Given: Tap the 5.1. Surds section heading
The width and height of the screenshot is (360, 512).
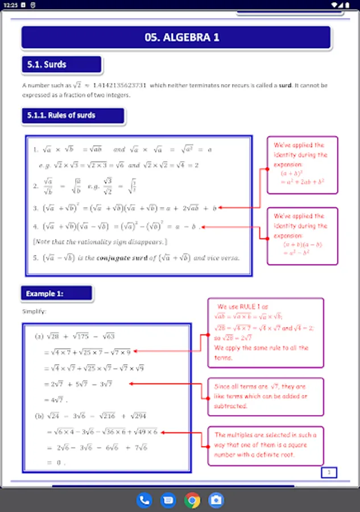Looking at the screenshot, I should click(61, 65).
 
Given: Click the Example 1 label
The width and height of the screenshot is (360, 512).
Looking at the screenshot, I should click(56, 294).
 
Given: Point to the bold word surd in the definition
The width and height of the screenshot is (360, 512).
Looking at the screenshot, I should click(285, 85).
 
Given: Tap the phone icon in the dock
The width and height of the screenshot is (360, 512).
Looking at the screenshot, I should click(144, 500).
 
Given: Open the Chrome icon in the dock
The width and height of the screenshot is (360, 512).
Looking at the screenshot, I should click(192, 500).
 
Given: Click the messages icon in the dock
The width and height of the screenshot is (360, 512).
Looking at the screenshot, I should click(168, 500).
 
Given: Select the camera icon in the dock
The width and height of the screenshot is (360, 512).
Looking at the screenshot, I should click(216, 500).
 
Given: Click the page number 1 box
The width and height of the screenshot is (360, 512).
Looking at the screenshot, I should click(329, 472).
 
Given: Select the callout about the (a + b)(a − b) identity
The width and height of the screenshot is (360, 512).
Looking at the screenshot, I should click(302, 235).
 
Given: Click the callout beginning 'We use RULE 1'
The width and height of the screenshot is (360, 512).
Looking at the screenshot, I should click(265, 333).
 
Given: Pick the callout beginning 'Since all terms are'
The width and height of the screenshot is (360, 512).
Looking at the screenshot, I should click(265, 392).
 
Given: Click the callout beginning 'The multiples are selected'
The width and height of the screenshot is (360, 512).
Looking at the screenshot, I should click(265, 445).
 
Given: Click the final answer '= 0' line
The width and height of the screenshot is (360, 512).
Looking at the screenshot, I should click(55, 463).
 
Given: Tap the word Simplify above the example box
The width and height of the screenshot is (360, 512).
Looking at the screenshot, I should click(34, 312).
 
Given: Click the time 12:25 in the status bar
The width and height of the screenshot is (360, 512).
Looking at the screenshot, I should click(10, 5).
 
